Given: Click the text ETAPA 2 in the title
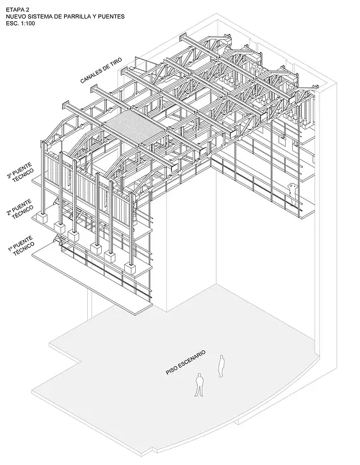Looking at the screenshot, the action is coord(17,10).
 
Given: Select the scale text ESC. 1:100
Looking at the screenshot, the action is coord(20,24).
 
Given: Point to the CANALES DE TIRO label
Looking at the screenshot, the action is coord(101,70).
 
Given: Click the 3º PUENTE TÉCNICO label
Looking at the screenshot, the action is coord(20,172).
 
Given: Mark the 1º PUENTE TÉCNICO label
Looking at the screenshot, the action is coord(20,245).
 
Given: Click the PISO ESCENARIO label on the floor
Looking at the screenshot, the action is coord(186,363).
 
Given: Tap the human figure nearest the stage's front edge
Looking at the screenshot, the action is coord(199,385).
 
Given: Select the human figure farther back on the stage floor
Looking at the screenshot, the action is coord(221,366).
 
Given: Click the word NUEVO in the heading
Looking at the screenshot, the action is coord(15,17).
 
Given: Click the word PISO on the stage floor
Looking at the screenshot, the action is coord(171,371).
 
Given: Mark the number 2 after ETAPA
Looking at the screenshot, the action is coord(28,10).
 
